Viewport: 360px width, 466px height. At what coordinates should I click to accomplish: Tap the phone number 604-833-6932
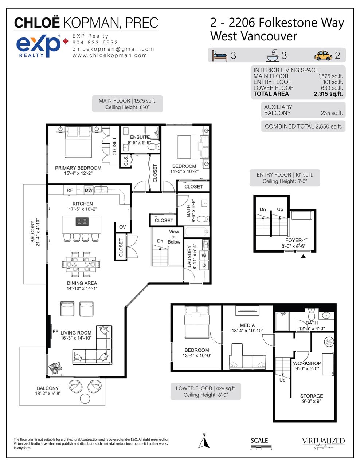(95, 43)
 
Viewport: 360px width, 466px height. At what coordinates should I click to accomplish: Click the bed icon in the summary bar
(219, 56)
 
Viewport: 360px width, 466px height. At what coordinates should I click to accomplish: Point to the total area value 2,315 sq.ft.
(328, 94)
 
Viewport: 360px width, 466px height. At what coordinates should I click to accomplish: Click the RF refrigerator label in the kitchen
(70, 190)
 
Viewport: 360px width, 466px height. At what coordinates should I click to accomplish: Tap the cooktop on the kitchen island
(82, 221)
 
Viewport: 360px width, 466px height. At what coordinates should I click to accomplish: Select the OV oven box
(122, 227)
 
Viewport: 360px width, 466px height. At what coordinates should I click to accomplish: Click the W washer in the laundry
(204, 256)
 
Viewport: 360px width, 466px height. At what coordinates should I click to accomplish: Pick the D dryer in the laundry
(204, 265)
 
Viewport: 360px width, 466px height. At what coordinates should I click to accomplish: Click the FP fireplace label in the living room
(55, 332)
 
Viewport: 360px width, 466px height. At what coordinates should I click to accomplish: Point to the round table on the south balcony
(85, 399)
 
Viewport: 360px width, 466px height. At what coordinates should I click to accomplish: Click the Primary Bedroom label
(78, 168)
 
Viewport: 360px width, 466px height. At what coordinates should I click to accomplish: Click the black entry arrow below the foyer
(303, 256)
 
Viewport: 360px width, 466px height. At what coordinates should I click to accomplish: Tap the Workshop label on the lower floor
(307, 363)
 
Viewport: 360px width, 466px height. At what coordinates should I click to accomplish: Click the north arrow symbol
(204, 441)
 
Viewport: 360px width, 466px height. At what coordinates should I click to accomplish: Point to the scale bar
(261, 447)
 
